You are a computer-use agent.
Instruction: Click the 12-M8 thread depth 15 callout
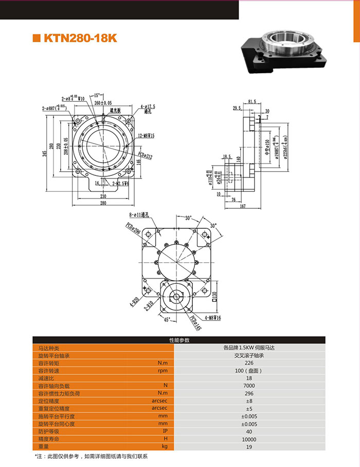[x=147, y=135]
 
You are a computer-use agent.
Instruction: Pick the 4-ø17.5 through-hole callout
[x=148, y=107]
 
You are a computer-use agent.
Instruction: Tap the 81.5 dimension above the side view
[x=252, y=101]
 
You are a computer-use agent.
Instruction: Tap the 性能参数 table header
[x=179, y=340]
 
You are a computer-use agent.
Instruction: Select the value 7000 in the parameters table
[x=249, y=385]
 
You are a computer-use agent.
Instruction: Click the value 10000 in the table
[x=249, y=439]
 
